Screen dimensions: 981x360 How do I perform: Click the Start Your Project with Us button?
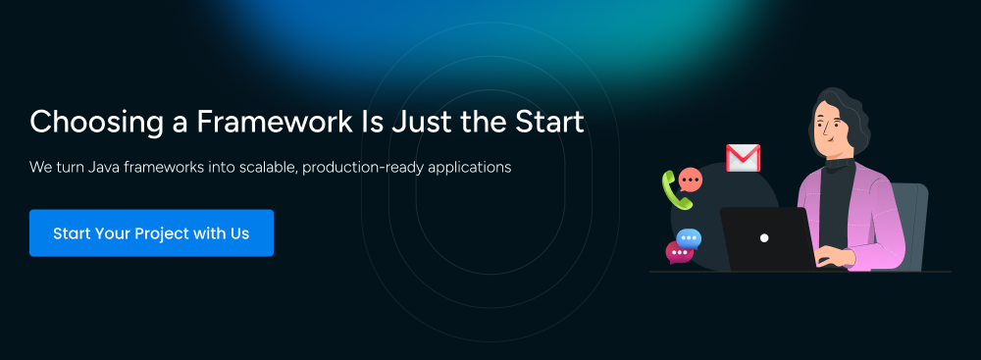[x=151, y=232]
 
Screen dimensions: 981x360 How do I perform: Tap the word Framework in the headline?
[x=275, y=121]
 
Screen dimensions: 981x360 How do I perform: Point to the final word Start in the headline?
[x=549, y=121]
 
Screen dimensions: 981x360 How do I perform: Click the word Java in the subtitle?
[x=101, y=167]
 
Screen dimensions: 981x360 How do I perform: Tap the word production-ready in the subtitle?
[x=356, y=168]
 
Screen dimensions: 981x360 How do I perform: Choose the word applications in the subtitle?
[x=462, y=168]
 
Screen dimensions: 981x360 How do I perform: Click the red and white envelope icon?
[x=743, y=158]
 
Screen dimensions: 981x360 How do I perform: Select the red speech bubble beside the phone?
[x=690, y=180]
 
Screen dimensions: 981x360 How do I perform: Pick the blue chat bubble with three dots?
[x=689, y=238]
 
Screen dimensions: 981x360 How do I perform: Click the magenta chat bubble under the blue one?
[x=679, y=252]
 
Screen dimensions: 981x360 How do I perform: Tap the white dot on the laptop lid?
[x=764, y=238]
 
